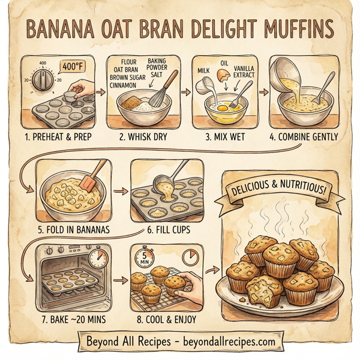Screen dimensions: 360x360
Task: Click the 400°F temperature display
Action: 74,67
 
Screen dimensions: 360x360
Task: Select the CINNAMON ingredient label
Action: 128,85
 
